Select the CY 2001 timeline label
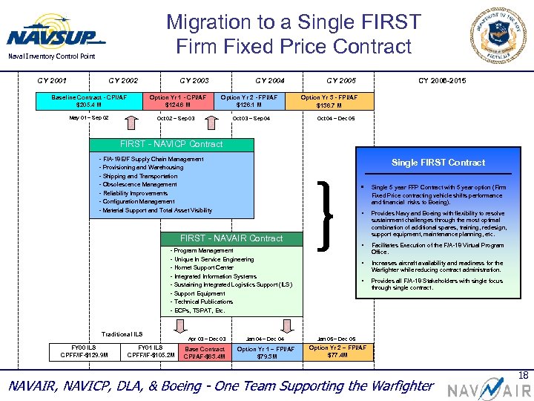(52, 80)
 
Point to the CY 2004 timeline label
(270, 80)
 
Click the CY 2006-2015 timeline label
(443, 80)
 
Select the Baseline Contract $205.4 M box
(89, 100)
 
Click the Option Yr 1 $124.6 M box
(178, 100)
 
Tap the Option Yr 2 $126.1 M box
(249, 100)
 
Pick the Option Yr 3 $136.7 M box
(329, 100)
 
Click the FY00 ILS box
(83, 351)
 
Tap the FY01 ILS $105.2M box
(151, 351)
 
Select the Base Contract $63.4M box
(205, 352)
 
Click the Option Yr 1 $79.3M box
(266, 352)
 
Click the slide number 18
(524, 376)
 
